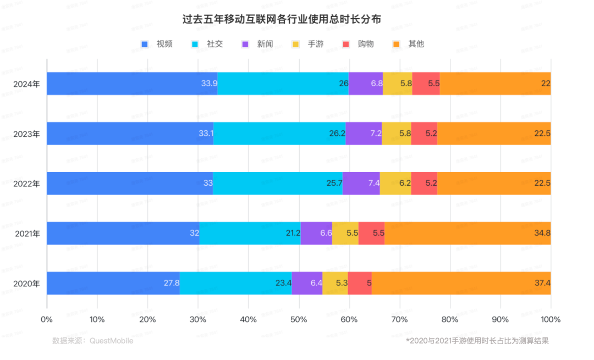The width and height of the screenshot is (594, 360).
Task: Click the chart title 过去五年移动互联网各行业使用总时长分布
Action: tap(282, 19)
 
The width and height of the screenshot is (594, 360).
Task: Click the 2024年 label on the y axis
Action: tap(27, 84)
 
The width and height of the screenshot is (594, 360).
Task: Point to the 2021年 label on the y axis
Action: tap(27, 233)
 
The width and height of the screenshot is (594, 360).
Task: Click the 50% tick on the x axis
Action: tap(299, 319)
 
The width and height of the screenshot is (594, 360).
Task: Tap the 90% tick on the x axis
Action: tap(500, 319)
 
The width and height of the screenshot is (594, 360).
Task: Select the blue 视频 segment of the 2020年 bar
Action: tap(113, 283)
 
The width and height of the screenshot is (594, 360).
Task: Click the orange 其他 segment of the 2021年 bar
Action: tap(468, 233)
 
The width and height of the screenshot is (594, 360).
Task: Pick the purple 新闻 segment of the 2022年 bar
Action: tap(361, 183)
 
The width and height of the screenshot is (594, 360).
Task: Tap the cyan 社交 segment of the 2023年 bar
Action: tap(279, 134)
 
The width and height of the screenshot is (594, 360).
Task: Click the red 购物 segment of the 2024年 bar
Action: tap(426, 84)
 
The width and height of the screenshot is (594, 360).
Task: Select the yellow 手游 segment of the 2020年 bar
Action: tap(335, 283)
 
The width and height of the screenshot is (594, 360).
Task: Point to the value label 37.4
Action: tap(542, 283)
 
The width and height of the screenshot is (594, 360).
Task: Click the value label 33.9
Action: tap(209, 84)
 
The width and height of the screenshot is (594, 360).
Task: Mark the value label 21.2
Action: tap(293, 233)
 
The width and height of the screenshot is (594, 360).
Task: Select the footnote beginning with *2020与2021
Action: tap(477, 341)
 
